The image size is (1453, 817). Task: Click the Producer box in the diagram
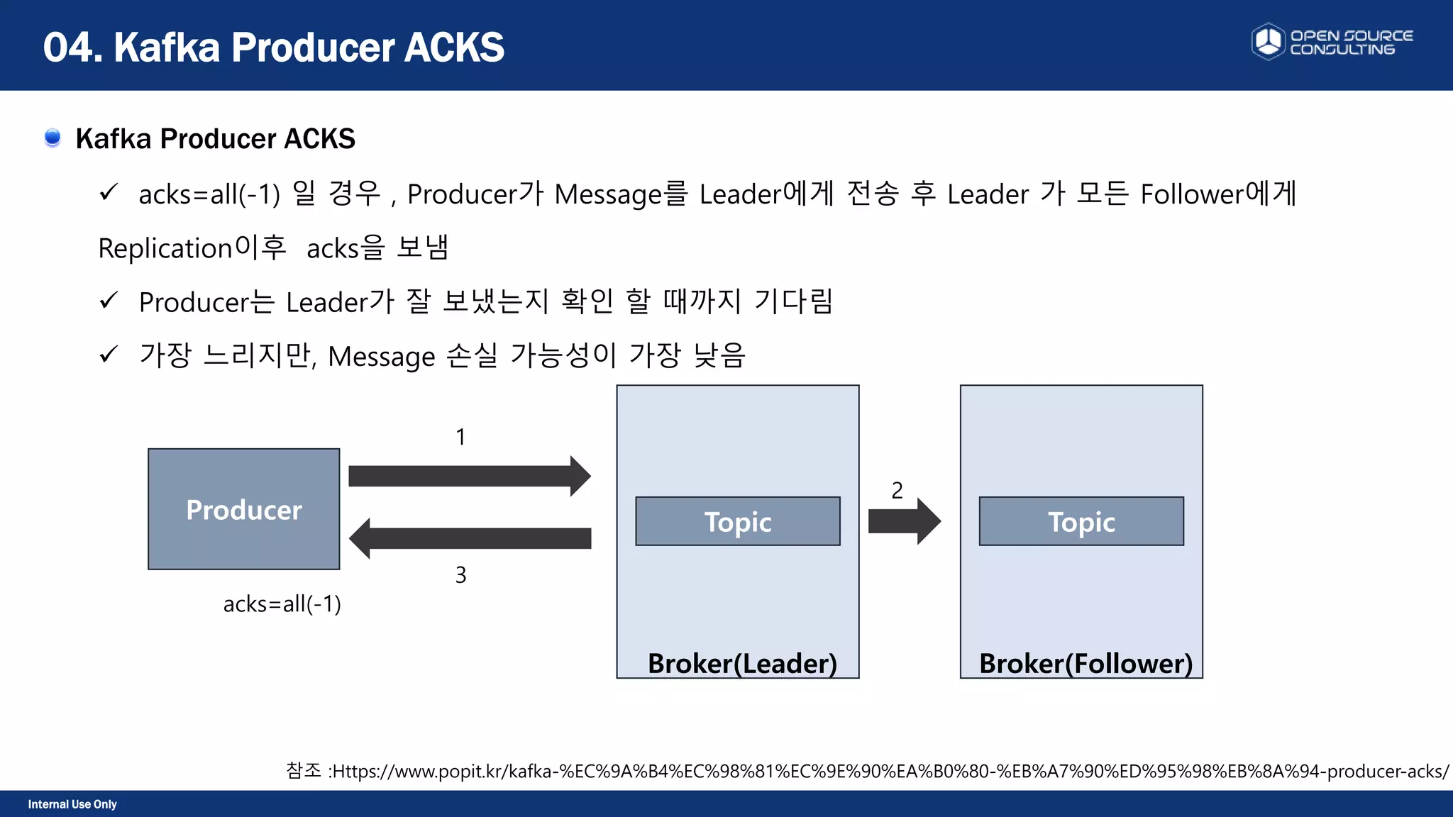coord(243,508)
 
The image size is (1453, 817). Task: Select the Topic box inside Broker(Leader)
coord(737,521)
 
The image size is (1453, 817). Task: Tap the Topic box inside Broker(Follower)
coord(1081,521)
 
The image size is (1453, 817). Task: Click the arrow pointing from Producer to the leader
coord(468,476)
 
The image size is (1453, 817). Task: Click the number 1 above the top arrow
coord(460,437)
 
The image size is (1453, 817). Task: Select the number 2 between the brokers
coord(897,490)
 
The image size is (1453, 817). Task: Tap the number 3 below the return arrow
coord(460,574)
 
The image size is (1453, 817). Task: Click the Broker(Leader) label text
coord(742,663)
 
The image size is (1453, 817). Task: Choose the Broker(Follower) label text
coord(1085,663)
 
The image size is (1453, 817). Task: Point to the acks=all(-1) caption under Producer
coord(282,604)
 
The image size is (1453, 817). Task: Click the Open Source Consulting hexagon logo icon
coord(1268,42)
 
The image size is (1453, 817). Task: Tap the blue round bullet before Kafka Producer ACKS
coord(53,137)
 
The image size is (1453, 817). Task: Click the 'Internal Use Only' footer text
coord(72,804)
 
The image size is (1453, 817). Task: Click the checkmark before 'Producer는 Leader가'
coord(109,301)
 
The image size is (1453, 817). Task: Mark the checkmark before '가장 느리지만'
coord(109,354)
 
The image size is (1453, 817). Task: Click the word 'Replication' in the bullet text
coord(165,248)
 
